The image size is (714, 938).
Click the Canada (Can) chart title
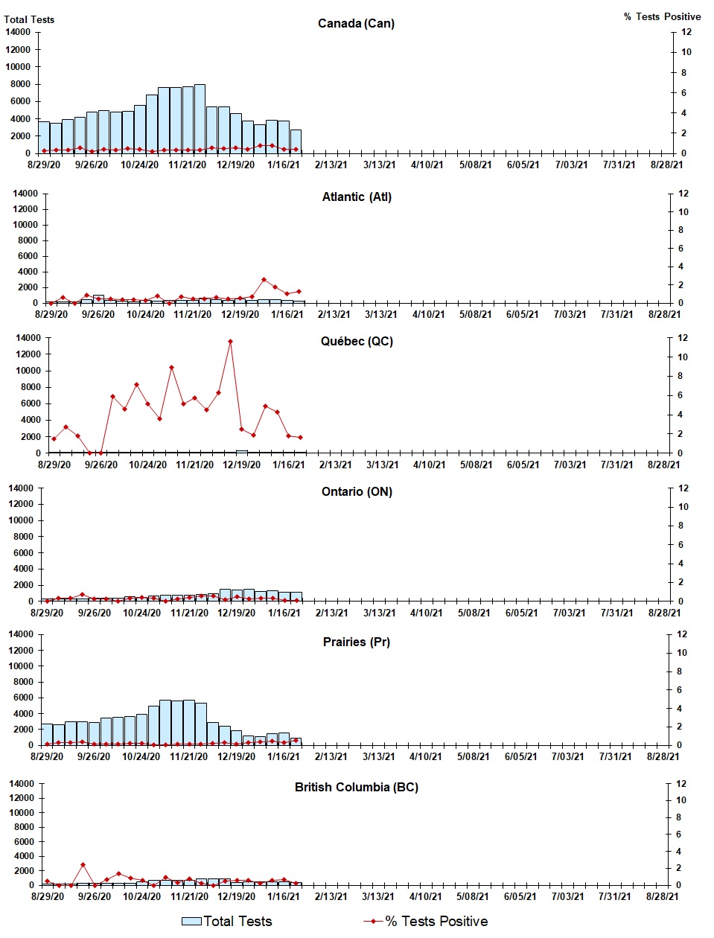356,23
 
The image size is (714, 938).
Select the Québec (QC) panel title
357,341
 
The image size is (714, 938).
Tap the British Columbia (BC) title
356,787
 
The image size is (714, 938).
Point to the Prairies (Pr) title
356,642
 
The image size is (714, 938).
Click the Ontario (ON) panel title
357,491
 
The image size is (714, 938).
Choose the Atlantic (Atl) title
357,197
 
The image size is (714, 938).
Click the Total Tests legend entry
228,922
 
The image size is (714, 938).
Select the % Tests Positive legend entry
426,922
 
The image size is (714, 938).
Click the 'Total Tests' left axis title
29,19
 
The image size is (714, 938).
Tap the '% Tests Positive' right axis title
662,16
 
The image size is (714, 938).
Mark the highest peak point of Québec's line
230,342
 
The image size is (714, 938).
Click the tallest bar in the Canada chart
200,119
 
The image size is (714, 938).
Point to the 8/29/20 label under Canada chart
44,165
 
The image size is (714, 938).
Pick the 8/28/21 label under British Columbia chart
662,896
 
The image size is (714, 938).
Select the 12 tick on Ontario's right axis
683,488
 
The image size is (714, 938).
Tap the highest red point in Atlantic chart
264,280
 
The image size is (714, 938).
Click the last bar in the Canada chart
296,141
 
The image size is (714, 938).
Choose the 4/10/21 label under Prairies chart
425,756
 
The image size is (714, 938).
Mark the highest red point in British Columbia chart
83,865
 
